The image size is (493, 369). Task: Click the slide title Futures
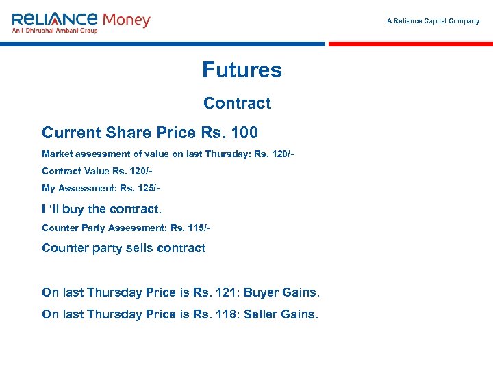click(242, 70)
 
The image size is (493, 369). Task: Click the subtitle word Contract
click(237, 103)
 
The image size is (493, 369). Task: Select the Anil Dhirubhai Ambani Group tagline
click(55, 31)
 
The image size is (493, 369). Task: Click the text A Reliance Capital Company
click(433, 21)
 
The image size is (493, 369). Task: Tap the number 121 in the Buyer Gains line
click(227, 292)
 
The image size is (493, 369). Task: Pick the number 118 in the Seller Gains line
click(227, 315)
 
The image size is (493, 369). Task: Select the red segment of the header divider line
click(410, 44)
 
